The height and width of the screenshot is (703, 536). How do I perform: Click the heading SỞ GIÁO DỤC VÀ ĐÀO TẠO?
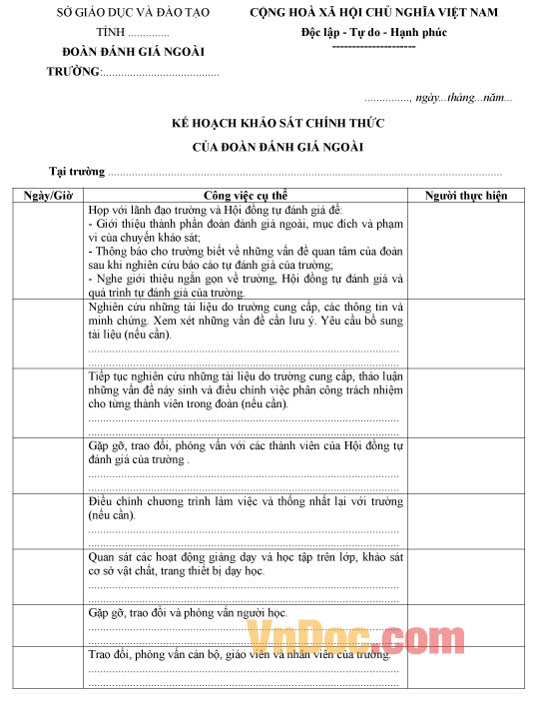click(x=113, y=13)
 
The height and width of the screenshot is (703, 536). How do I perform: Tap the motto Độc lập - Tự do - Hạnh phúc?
click(x=373, y=32)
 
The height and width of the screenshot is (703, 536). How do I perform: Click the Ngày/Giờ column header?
click(x=48, y=196)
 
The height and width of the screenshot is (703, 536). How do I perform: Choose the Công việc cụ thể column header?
click(x=246, y=196)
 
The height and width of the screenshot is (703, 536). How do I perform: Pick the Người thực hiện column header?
click(x=466, y=196)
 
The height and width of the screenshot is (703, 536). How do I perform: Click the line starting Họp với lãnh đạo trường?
click(x=215, y=211)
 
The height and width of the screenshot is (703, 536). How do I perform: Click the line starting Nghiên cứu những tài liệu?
click(x=245, y=308)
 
